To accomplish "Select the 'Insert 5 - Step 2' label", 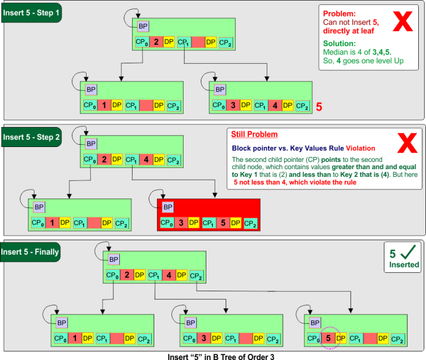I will click(x=31, y=136).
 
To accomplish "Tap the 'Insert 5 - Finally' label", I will click(x=30, y=251).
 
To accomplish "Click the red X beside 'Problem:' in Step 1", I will click(x=403, y=21).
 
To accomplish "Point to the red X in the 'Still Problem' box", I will click(x=407, y=143).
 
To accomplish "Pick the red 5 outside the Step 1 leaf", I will click(x=319, y=107).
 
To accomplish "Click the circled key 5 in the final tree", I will click(x=329, y=338).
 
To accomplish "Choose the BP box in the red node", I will click(x=168, y=207).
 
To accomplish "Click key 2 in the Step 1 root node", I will click(x=156, y=42).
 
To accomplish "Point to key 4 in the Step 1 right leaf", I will click(x=275, y=105).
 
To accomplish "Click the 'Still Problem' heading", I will click(x=254, y=135).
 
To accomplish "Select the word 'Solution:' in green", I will click(x=339, y=43).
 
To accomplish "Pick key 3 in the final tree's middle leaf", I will click(x=204, y=338).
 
